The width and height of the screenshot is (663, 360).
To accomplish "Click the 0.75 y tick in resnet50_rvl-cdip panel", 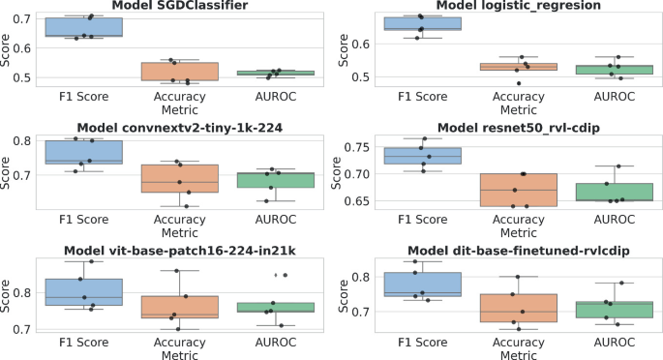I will coord(351,147).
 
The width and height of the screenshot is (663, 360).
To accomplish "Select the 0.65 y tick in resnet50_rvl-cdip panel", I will coord(351,201).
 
